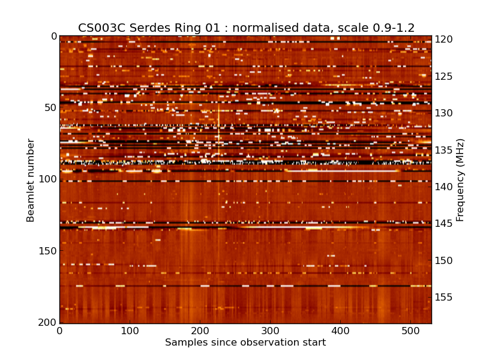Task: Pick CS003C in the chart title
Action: [99, 28]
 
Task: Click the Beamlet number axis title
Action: [31, 180]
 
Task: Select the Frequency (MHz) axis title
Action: [460, 180]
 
